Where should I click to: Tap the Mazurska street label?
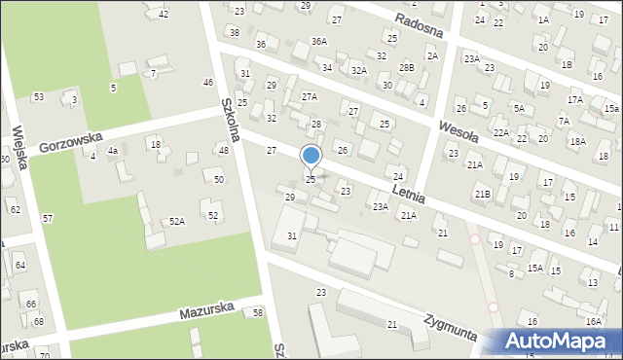coord(206,313)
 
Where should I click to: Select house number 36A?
coord(318,42)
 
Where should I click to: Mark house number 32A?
coord(358,70)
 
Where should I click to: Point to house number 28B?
coord(406,66)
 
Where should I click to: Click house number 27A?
coord(309,96)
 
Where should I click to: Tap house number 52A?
coord(176,222)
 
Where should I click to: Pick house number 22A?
coord(500,132)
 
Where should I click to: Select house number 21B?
coord(483,194)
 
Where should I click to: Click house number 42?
coord(163,14)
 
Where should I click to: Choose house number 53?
coord(38,97)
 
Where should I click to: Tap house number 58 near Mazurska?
coord(257,312)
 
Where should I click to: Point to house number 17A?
coord(575,100)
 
